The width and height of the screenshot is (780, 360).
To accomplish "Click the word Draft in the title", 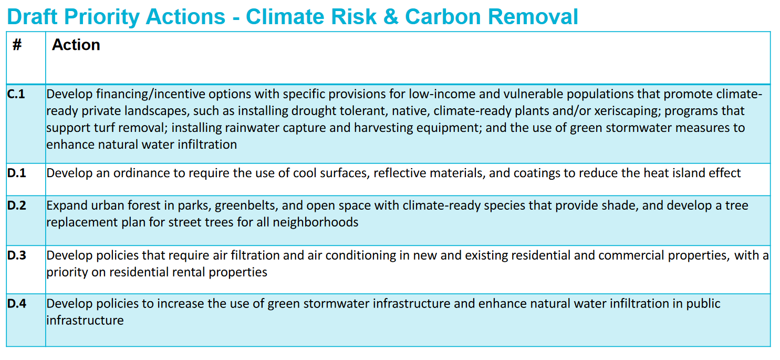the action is pos(32,16).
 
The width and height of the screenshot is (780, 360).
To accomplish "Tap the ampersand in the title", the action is pos(391,16).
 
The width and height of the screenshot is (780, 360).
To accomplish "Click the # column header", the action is pos(17,45).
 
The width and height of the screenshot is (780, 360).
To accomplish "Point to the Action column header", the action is pos(76,45).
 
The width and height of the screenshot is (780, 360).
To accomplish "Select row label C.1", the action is pos(16,94).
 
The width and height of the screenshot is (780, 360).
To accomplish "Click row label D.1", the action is pos(17,173).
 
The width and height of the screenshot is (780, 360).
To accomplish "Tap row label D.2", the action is pos(17,205).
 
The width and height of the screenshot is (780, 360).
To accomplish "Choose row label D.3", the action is pos(17,255).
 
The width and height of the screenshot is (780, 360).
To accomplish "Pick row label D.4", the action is pos(17,304).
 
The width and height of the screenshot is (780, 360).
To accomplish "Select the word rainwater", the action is pos(252,128).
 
